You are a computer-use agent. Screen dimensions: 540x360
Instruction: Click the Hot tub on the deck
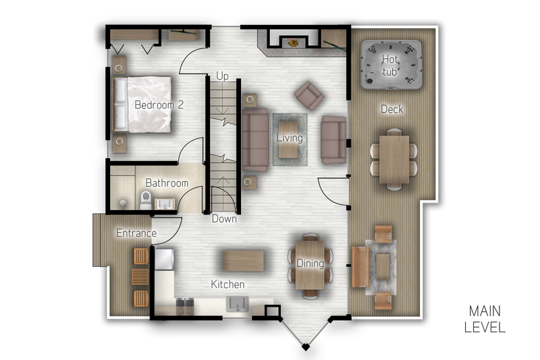point(391,65)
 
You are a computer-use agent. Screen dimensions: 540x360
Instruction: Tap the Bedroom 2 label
point(159,105)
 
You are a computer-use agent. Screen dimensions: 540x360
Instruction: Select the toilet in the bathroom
point(146,201)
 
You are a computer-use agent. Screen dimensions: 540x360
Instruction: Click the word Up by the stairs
point(223,76)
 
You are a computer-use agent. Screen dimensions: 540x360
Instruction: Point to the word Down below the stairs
point(224,218)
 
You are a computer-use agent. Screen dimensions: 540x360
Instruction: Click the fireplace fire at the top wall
point(294,43)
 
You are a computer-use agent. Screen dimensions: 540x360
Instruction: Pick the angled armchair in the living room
point(309,95)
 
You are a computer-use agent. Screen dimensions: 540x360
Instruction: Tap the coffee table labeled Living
point(289,140)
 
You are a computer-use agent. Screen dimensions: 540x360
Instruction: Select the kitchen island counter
point(243,261)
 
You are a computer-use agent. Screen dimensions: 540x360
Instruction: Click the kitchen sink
point(237,304)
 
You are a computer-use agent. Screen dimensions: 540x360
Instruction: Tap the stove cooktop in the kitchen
point(185,306)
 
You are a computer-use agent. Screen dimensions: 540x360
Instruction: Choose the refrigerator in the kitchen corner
point(164,259)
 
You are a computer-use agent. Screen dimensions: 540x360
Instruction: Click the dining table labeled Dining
point(310,265)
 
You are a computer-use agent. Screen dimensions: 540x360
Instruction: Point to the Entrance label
point(136,233)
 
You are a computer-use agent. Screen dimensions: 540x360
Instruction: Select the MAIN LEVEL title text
point(485,319)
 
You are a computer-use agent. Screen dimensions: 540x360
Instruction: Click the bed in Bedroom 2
point(142,105)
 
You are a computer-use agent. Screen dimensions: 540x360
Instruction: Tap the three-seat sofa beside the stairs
point(255,140)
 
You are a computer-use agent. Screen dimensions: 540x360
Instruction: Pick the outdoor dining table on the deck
point(394,159)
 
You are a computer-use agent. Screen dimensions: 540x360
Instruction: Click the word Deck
point(392,109)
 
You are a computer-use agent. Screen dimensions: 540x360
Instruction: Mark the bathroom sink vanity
point(165,204)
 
